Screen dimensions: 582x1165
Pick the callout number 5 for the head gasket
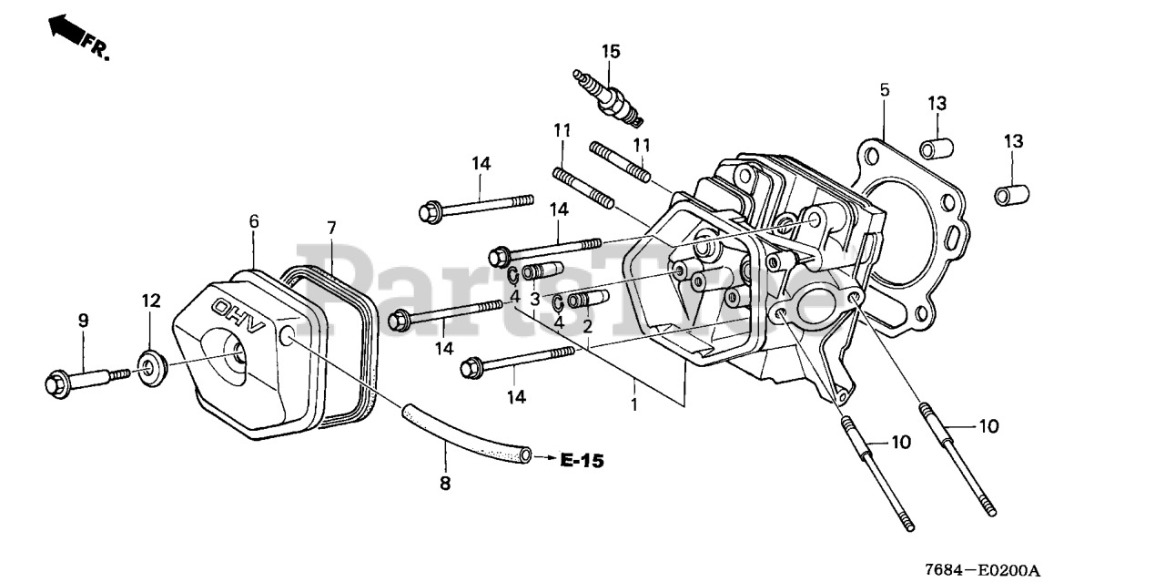coord(884,89)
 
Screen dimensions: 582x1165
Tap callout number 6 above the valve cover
coord(254,221)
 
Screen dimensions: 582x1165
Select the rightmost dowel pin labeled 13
coord(1011,194)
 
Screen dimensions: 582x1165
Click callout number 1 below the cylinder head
coord(633,402)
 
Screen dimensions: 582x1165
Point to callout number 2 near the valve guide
coord(588,325)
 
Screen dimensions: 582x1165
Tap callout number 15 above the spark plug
coord(610,52)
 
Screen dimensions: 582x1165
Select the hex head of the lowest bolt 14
coord(471,366)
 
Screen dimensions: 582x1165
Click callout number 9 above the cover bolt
coord(83,320)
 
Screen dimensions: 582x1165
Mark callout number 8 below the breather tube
coord(445,484)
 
